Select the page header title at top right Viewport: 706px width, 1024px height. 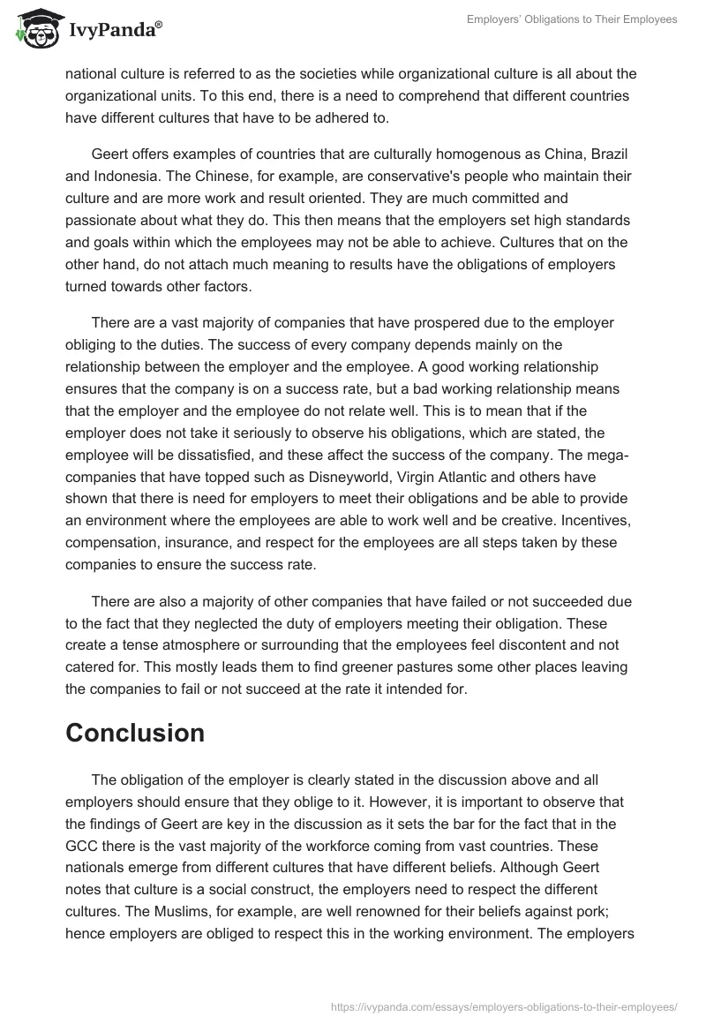click(x=573, y=19)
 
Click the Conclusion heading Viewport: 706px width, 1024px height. click(x=135, y=732)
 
